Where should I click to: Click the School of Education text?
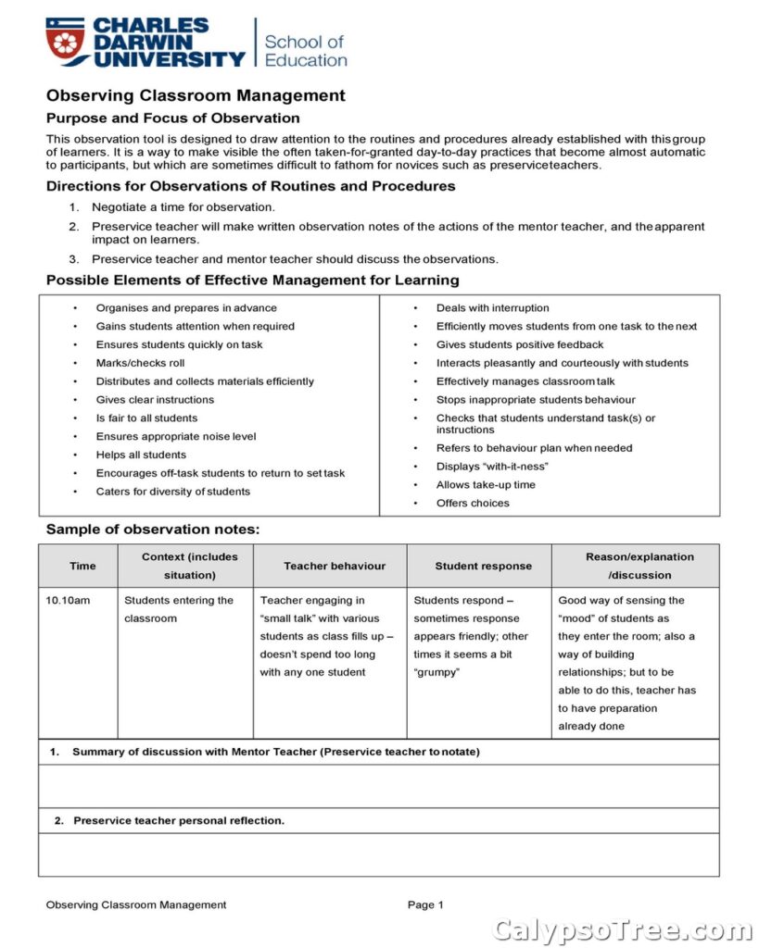point(305,51)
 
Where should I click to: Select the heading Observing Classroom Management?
point(196,95)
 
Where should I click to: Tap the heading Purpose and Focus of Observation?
point(173,118)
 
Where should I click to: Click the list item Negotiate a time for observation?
point(183,206)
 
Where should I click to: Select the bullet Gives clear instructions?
point(155,400)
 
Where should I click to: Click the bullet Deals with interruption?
point(492,308)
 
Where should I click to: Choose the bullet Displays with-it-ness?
point(492,467)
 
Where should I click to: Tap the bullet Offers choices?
point(473,504)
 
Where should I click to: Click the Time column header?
point(82,566)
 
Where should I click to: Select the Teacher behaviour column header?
point(335,566)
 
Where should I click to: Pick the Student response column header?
point(483,566)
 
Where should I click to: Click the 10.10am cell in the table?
point(69,601)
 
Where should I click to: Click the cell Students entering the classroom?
point(179,609)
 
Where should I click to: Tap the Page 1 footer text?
point(425,905)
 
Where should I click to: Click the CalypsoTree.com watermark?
point(623,929)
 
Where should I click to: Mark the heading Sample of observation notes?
point(153,530)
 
